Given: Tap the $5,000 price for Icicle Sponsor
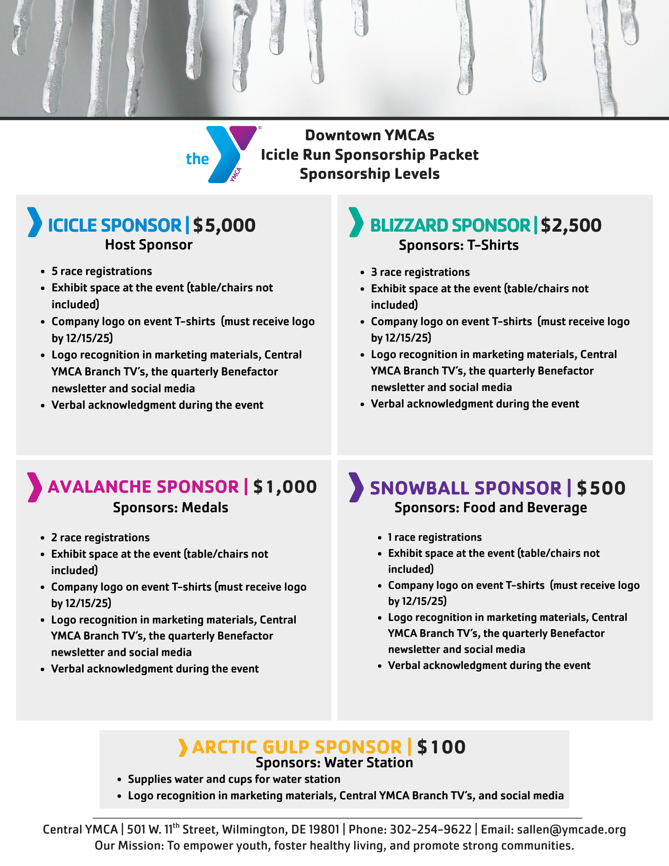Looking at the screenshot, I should (x=224, y=225).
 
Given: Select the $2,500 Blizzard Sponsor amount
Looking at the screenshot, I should (x=571, y=225).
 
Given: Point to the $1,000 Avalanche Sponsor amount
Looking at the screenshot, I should (x=285, y=487).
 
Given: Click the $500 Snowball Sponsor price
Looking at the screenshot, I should (x=601, y=488).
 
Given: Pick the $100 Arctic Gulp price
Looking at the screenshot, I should (x=441, y=747).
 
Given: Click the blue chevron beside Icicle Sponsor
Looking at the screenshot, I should (x=34, y=222).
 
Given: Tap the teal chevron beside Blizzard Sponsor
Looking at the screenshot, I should (x=356, y=222).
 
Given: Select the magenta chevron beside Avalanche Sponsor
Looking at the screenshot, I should (x=34, y=487).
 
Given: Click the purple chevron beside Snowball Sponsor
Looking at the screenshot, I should (x=356, y=487).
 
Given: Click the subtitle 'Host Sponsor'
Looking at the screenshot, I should (x=149, y=245).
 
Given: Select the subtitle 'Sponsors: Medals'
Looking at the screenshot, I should (x=171, y=507).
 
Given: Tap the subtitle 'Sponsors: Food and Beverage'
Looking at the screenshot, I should (x=491, y=507).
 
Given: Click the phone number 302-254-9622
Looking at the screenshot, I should (x=430, y=830).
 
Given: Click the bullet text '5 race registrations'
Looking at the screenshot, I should (x=102, y=271).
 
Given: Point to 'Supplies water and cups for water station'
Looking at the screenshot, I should (x=234, y=779).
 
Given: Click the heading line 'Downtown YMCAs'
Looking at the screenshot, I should (x=370, y=135).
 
